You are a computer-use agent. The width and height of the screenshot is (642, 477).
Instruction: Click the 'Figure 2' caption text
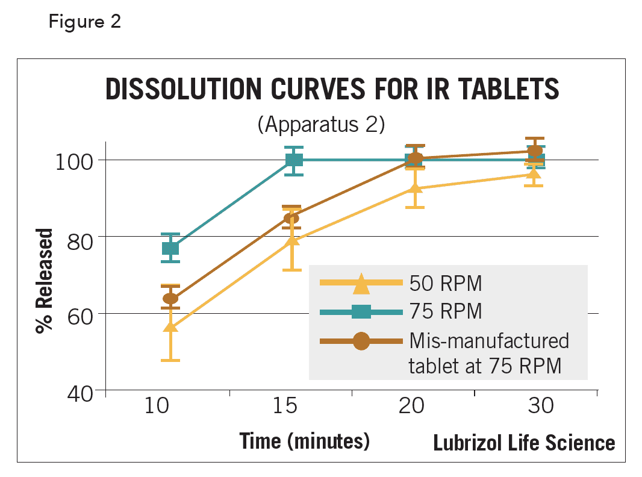pos(85,22)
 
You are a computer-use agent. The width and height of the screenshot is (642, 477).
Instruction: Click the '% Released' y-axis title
pos(45,281)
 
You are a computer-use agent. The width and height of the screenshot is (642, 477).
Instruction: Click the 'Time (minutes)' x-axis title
pos(304,441)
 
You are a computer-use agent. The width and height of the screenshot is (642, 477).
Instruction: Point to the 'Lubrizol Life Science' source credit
pos(524,443)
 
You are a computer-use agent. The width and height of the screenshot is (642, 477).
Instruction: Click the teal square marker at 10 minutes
pos(170,248)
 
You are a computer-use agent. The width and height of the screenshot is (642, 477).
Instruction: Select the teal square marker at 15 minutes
pos(294,160)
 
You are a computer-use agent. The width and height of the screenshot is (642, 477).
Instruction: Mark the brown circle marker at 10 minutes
pos(170,298)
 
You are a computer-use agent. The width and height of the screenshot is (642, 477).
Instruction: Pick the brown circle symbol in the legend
pos(361,341)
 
